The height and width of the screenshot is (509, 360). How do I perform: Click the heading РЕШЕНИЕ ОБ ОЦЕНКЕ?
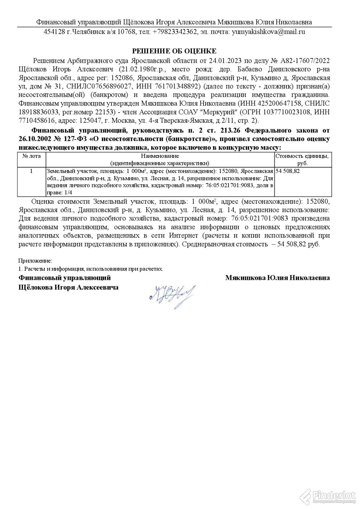174,51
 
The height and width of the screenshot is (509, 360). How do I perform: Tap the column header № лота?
32,156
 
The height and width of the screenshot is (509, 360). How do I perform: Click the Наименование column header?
160,156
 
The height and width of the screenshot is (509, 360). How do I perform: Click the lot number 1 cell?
32,171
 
